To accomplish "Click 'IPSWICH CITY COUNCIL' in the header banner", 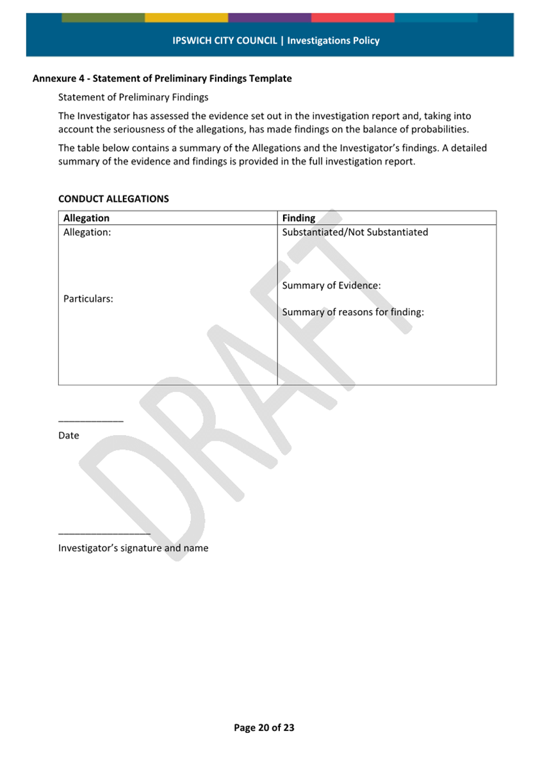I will (x=225, y=40).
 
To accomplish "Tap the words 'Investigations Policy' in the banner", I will (x=333, y=40).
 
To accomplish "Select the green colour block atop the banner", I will (x=103, y=17).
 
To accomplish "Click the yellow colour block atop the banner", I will (x=186, y=17).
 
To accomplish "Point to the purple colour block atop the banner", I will (x=270, y=17).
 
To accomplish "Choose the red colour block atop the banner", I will (x=353, y=17).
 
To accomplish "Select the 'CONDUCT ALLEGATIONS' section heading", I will (x=113, y=199).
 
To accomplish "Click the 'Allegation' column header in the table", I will (x=86, y=218).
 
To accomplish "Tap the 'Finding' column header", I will (x=299, y=218).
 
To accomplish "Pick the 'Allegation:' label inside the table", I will (x=87, y=233).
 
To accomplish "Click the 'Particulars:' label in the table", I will (x=88, y=299).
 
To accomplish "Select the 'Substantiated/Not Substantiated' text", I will (x=355, y=232).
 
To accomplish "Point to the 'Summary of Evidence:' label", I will (x=331, y=286).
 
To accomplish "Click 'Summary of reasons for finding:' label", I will (x=353, y=313).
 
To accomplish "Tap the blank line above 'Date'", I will (x=90, y=421).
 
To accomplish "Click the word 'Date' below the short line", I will (x=69, y=436).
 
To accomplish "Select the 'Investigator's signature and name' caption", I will (x=133, y=548).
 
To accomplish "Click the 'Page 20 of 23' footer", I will (x=264, y=728).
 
